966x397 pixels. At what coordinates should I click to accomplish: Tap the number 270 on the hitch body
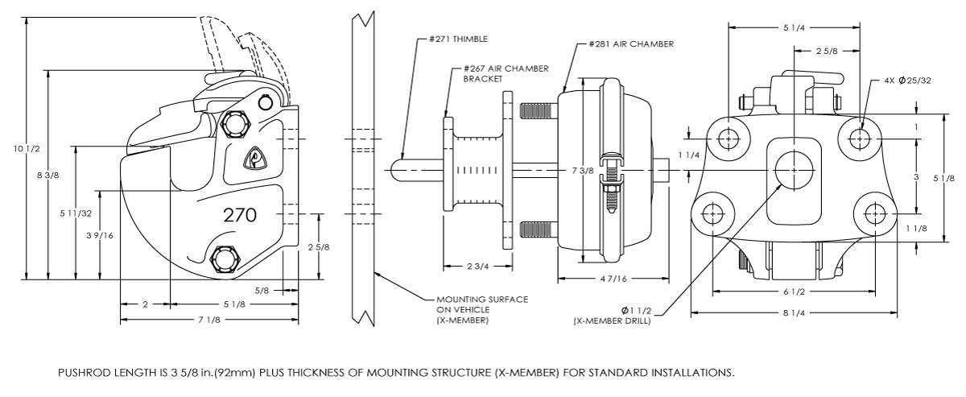(x=240, y=215)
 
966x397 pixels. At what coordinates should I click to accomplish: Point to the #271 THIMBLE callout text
(x=458, y=38)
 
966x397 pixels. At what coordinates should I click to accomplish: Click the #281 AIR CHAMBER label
(x=630, y=43)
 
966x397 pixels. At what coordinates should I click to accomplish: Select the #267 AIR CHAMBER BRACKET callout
(x=493, y=74)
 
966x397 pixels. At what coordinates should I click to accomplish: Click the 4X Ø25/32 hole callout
(x=907, y=81)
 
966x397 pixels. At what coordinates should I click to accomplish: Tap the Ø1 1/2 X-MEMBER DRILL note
(x=613, y=315)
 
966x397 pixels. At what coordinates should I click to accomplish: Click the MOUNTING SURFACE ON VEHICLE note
(x=481, y=309)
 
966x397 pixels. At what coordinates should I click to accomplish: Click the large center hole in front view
(x=793, y=170)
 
